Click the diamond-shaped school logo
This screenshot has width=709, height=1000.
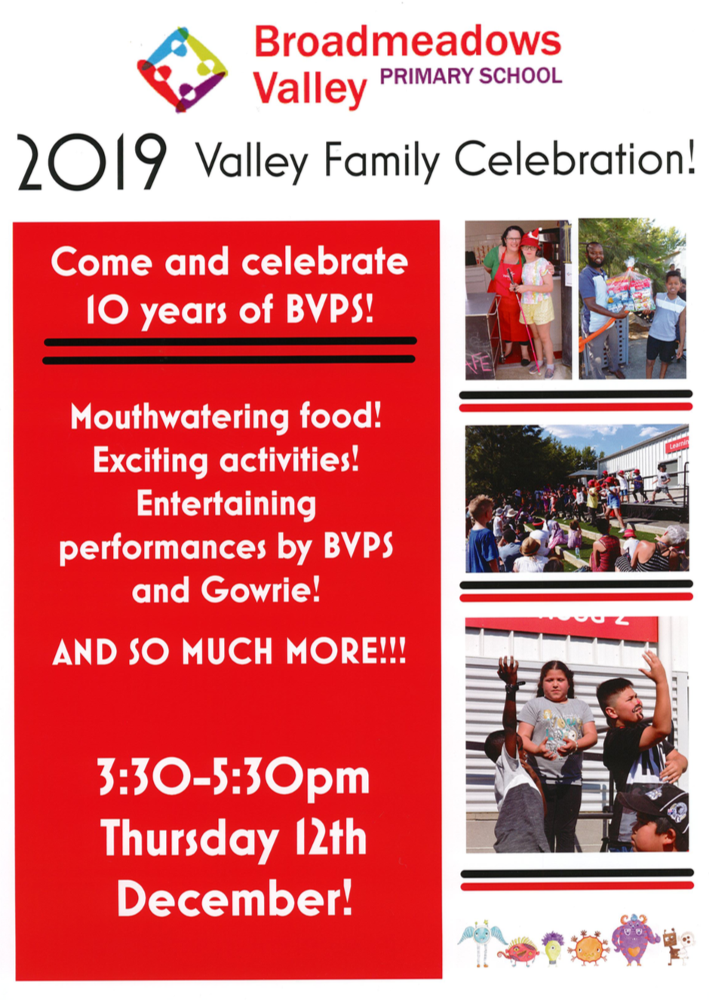(x=183, y=69)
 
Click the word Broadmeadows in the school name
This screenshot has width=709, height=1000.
(x=407, y=42)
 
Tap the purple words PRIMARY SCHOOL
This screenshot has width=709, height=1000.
(x=471, y=76)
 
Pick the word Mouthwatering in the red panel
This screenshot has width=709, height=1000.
(x=179, y=419)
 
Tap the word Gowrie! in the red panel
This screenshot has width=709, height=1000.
(x=260, y=590)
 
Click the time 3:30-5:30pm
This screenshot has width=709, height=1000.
(x=234, y=779)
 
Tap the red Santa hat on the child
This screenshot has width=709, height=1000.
(x=530, y=239)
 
